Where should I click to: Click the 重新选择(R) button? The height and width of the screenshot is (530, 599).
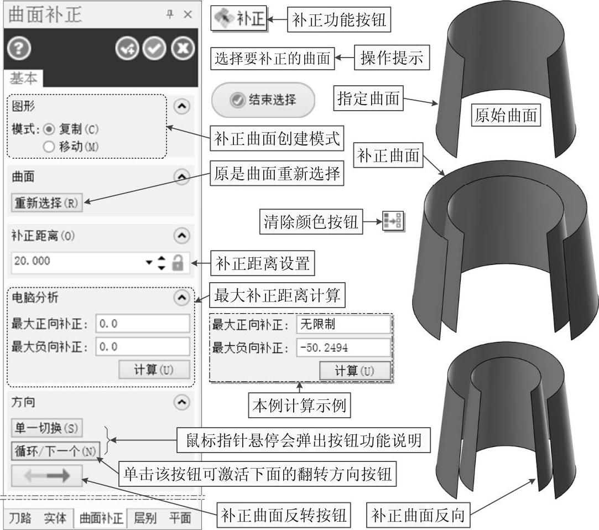(x=46, y=203)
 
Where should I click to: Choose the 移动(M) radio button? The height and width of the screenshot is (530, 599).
(x=49, y=147)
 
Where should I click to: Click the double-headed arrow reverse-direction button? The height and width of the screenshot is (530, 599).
(x=46, y=476)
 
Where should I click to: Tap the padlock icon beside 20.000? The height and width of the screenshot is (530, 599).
(x=178, y=262)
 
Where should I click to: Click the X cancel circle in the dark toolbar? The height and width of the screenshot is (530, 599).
(x=182, y=49)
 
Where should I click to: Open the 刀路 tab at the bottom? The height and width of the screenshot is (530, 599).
(x=20, y=518)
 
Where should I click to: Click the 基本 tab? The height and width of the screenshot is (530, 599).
(x=23, y=79)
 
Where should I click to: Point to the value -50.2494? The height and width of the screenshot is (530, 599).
(x=343, y=347)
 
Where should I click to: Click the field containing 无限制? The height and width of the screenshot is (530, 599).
(x=343, y=324)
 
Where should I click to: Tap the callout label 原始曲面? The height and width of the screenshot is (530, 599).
(x=507, y=116)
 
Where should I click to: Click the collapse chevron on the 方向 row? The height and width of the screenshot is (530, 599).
(x=181, y=403)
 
